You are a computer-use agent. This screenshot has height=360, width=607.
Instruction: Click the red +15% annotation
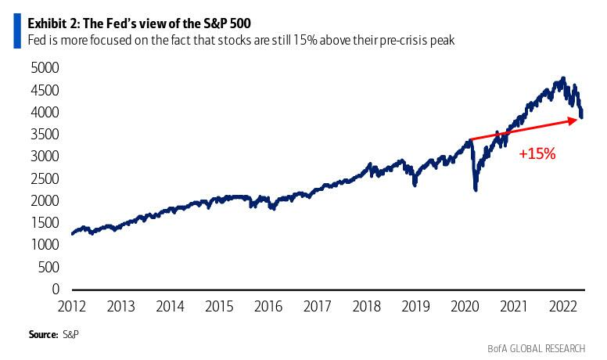(537, 154)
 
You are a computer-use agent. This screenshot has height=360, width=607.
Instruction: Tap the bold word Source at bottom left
(43, 334)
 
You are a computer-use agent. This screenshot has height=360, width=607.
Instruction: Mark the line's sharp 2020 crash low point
(476, 189)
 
